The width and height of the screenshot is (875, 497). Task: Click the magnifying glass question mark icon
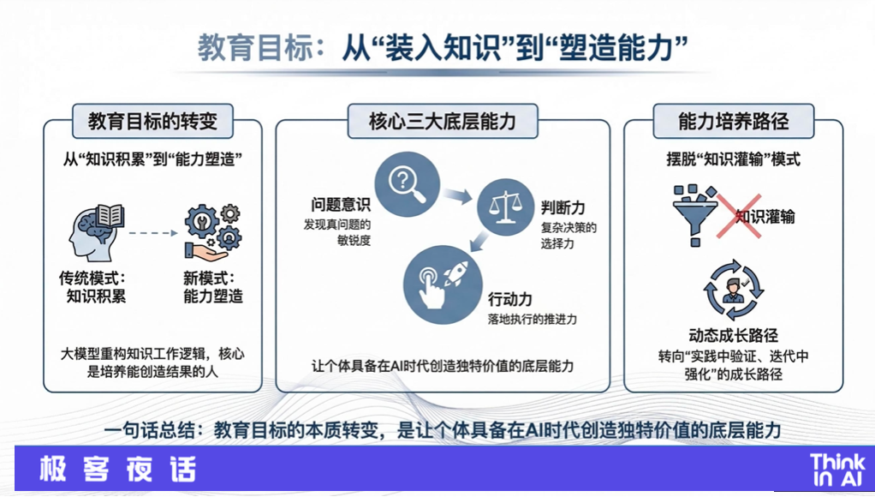click(x=407, y=183)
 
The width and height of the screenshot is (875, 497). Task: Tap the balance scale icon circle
click(x=506, y=207)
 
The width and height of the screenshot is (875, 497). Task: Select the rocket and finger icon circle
click(x=443, y=284)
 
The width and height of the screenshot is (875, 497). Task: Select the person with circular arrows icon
click(x=733, y=290)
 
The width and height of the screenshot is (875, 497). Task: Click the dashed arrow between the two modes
click(x=153, y=233)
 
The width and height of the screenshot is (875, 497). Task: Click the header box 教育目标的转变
click(x=152, y=121)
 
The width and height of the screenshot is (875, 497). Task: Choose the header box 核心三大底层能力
click(x=443, y=121)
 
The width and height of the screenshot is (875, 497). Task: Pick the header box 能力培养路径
click(x=733, y=121)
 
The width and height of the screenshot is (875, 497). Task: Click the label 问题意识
click(x=341, y=205)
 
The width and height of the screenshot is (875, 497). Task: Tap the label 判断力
click(x=563, y=207)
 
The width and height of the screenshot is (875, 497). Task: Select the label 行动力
click(x=510, y=299)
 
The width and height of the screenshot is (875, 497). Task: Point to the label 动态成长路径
click(x=733, y=335)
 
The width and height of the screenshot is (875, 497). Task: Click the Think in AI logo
click(x=837, y=470)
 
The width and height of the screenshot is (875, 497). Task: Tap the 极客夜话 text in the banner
click(x=118, y=469)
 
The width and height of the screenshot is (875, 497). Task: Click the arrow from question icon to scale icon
click(x=458, y=195)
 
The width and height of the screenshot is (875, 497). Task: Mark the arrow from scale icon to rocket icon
click(x=479, y=242)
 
